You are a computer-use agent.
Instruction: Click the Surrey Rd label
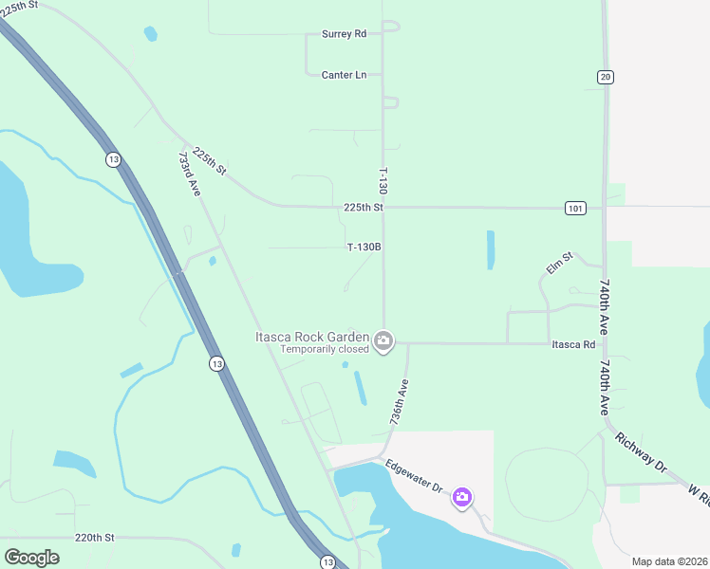344,33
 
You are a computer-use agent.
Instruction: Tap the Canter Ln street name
344,74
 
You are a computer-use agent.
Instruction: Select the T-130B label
364,248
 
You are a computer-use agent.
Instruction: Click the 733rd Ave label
190,174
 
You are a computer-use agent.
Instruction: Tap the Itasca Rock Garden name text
310,337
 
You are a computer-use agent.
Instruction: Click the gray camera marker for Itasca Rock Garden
383,341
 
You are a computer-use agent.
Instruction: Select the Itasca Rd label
573,344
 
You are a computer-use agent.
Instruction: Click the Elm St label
560,263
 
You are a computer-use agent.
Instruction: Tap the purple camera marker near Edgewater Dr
462,497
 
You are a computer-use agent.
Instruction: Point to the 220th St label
95,537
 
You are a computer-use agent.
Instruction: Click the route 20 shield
606,76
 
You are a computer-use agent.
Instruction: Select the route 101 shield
575,208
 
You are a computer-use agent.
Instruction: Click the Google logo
31,557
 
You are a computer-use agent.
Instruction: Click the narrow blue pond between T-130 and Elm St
491,250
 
